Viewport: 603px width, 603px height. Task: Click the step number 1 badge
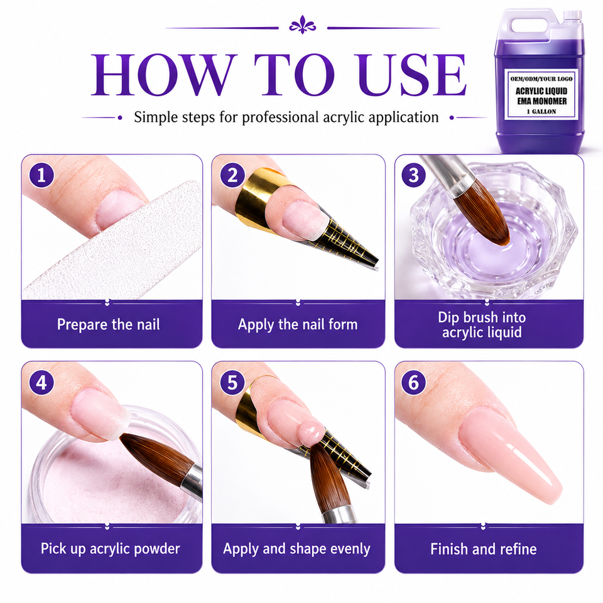(41, 175)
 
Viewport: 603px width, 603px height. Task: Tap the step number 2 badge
(232, 175)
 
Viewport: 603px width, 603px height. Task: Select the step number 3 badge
(413, 175)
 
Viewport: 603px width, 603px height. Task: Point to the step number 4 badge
(41, 383)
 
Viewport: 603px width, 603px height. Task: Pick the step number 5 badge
(232, 383)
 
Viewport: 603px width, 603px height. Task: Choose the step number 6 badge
(413, 383)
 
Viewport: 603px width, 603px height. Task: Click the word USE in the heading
(413, 75)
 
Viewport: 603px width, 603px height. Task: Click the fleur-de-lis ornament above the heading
(302, 25)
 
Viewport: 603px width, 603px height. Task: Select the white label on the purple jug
(541, 94)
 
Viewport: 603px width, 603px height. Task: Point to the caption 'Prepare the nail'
(109, 325)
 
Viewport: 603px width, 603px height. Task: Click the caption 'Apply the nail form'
(298, 325)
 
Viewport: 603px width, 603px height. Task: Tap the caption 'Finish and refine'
(484, 549)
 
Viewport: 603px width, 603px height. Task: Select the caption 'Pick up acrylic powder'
(111, 549)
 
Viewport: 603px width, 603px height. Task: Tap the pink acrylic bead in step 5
(311, 432)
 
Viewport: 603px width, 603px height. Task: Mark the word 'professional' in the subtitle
(280, 117)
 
